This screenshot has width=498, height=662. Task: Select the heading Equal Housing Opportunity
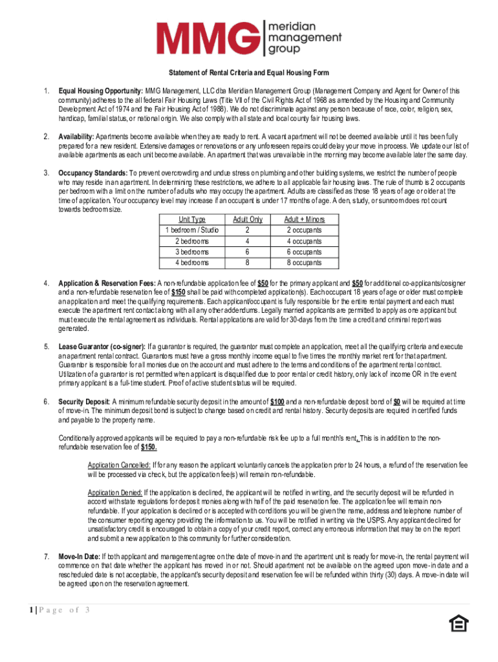point(100,91)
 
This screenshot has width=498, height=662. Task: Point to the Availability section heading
point(76,137)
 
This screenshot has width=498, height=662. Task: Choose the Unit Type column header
point(191,219)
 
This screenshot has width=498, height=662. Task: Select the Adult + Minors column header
point(304,219)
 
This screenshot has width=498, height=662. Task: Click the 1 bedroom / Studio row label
point(191,230)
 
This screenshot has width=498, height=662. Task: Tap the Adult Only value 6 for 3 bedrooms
point(247,252)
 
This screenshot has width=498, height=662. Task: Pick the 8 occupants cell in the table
point(304,263)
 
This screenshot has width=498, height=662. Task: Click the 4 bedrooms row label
point(191,263)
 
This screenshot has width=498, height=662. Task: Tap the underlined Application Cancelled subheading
point(119,465)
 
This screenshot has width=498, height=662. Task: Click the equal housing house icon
point(458,623)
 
